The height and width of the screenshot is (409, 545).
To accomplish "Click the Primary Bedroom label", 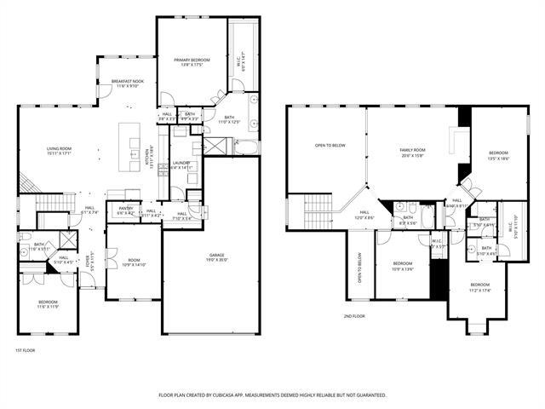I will tap(191, 62).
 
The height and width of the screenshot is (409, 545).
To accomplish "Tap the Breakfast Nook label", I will tap(127, 84).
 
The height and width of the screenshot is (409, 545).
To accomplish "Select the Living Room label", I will tap(59, 151).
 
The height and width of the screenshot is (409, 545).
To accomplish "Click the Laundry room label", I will tap(180, 165).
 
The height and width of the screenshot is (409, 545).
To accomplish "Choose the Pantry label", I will tap(125, 210).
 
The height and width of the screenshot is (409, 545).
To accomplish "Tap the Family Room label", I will tap(413, 153).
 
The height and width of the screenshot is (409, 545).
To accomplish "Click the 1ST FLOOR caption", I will tap(25, 350).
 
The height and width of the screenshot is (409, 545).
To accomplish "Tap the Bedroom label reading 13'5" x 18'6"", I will tap(498, 155).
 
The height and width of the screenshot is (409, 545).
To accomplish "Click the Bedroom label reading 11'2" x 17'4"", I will tap(480, 287).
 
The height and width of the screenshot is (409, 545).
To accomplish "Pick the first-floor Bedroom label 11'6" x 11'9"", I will tap(48, 304).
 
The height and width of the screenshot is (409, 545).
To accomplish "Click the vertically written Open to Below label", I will tap(359, 268).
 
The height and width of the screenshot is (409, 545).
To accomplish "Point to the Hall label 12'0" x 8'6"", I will tap(364, 215).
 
